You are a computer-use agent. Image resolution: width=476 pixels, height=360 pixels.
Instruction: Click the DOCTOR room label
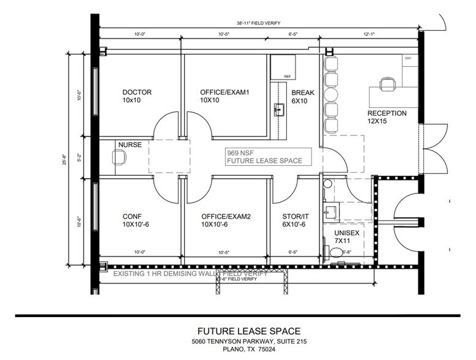pos(136,92)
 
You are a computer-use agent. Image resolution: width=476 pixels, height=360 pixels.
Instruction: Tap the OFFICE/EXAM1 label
pos(225,92)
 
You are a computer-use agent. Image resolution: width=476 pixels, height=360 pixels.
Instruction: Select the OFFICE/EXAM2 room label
pos(225,216)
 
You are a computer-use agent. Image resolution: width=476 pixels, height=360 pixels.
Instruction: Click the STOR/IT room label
pos(296,216)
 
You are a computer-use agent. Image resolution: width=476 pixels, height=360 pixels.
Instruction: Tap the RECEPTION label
pos(387,113)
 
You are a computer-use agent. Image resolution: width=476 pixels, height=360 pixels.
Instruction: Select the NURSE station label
pos(130,145)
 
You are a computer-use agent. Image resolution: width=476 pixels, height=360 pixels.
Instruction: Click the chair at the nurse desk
pos(119,157)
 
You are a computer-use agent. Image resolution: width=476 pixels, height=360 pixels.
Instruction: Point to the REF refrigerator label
pos(288,77)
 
